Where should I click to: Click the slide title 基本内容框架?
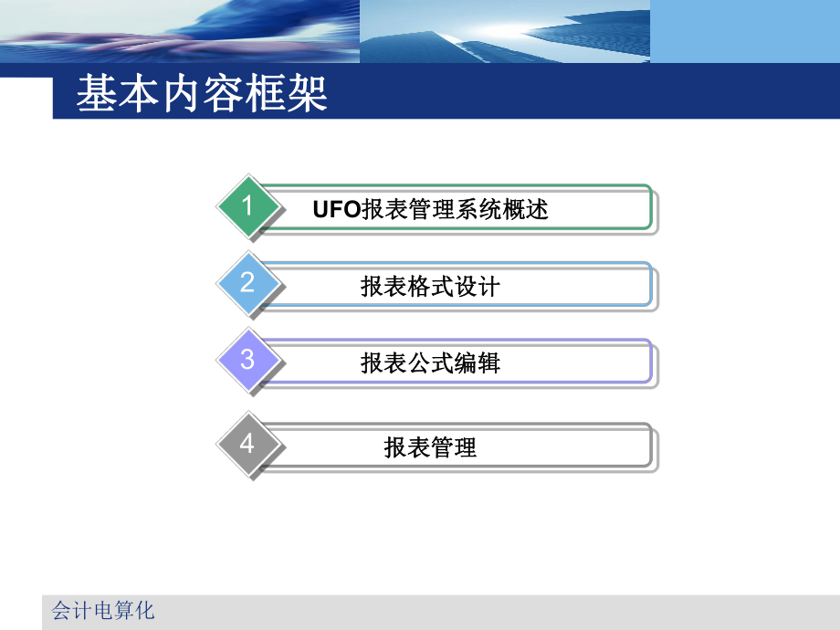click(x=202, y=95)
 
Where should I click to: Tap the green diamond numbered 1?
click(x=247, y=206)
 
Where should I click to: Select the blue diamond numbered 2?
click(x=247, y=283)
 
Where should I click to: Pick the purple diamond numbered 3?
click(x=247, y=360)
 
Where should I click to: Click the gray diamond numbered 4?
click(x=247, y=444)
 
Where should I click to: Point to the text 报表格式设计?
click(x=430, y=287)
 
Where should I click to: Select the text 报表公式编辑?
click(x=430, y=363)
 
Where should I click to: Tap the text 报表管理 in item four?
click(x=430, y=447)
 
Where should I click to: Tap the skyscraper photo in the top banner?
click(x=504, y=31)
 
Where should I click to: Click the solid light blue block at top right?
click(x=744, y=31)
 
